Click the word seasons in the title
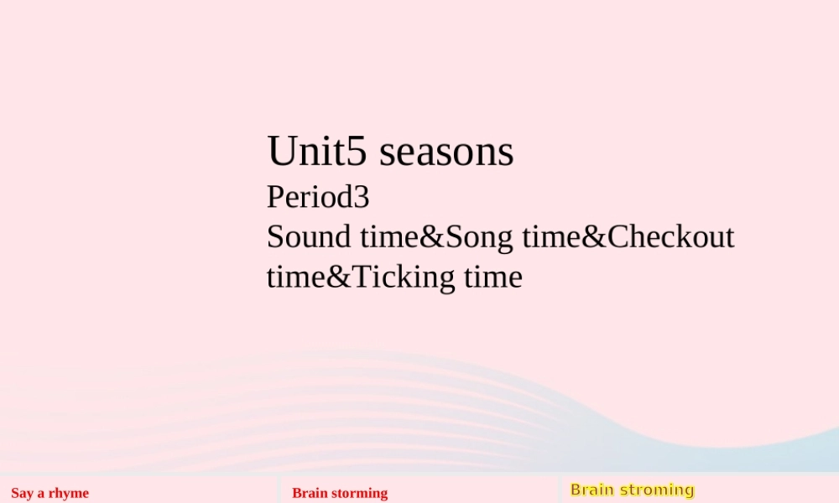pyautogui.click(x=446, y=152)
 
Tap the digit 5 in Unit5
pyautogui.click(x=357, y=151)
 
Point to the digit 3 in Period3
pyautogui.click(x=362, y=197)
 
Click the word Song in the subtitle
pyautogui.click(x=479, y=238)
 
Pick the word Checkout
pyautogui.click(x=671, y=236)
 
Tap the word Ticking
pyautogui.click(x=404, y=278)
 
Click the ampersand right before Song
pyautogui.click(x=432, y=236)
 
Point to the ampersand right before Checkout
pyautogui.click(x=594, y=236)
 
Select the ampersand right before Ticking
pyautogui.click(x=339, y=277)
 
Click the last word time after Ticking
pyautogui.click(x=493, y=277)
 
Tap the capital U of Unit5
pyautogui.click(x=282, y=151)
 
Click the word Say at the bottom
pyautogui.click(x=22, y=494)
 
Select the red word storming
pyautogui.click(x=360, y=494)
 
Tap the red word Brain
pyautogui.click(x=310, y=493)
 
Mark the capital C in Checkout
pyautogui.click(x=618, y=236)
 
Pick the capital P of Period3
pyautogui.click(x=275, y=197)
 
